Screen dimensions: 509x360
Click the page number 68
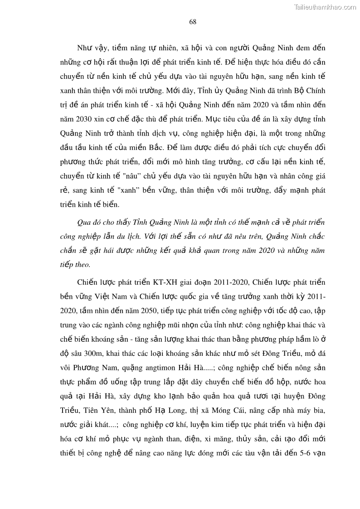tap(192, 21)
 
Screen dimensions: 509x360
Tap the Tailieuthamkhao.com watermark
tap(325, 7)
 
